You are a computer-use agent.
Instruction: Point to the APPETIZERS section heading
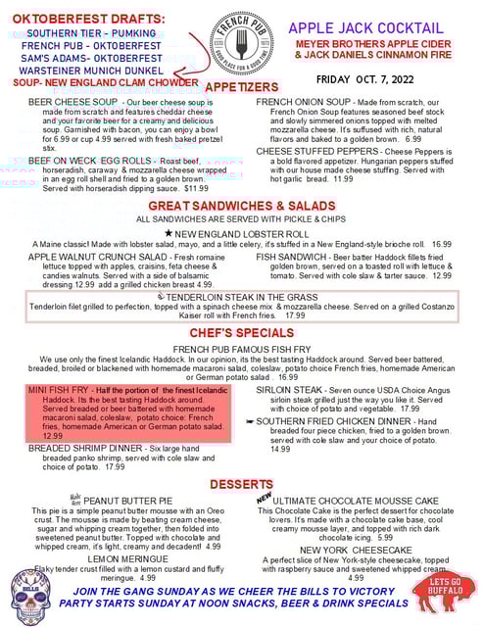point(241,88)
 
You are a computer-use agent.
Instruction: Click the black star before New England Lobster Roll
point(169,233)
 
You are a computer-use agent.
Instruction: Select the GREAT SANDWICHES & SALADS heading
point(241,206)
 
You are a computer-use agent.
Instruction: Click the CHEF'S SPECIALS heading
point(241,333)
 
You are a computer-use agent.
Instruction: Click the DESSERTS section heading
point(241,485)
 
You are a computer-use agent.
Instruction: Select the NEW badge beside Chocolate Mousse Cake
point(263,499)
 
